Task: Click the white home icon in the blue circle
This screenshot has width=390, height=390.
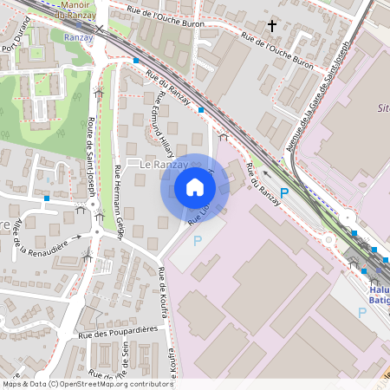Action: [195, 187]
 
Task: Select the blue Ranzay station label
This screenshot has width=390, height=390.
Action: [78, 36]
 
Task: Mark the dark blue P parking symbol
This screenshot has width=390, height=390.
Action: [283, 192]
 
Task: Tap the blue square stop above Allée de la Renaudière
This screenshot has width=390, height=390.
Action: [46, 198]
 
